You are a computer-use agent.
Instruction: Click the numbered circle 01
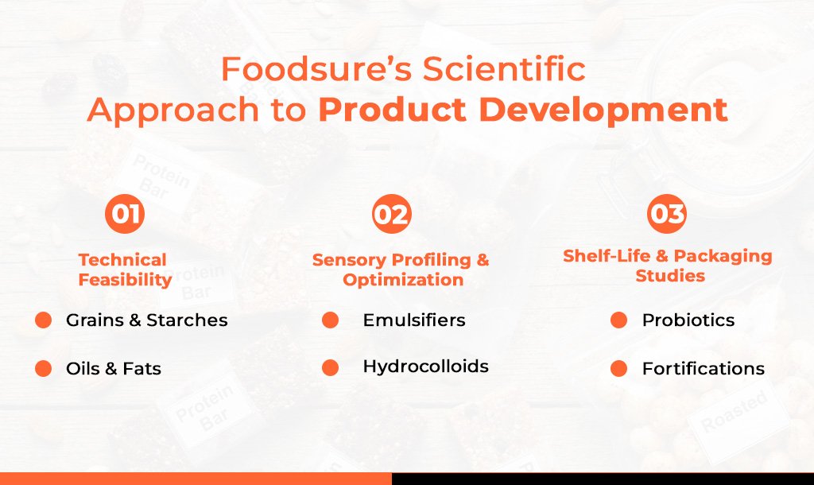click(x=125, y=213)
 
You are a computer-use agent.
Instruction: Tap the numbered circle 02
click(x=392, y=213)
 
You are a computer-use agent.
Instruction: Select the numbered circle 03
click(x=667, y=213)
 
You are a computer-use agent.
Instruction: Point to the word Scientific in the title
click(x=504, y=69)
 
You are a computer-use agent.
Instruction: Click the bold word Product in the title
click(x=393, y=110)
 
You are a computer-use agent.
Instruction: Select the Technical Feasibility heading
click(x=125, y=270)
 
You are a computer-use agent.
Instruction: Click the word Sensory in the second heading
click(x=349, y=260)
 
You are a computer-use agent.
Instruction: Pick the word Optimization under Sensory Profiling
click(x=403, y=279)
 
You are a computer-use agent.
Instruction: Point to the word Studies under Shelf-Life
click(x=670, y=275)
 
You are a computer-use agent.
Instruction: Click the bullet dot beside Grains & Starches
click(x=43, y=320)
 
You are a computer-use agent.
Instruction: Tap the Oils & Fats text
click(x=114, y=368)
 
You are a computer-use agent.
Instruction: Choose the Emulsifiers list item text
click(x=414, y=320)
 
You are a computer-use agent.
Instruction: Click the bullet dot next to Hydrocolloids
click(x=330, y=367)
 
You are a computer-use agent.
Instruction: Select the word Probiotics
click(x=688, y=320)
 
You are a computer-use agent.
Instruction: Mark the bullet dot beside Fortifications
click(x=618, y=368)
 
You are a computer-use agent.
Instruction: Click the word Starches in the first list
click(x=187, y=320)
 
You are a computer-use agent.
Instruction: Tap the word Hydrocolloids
click(x=426, y=366)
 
